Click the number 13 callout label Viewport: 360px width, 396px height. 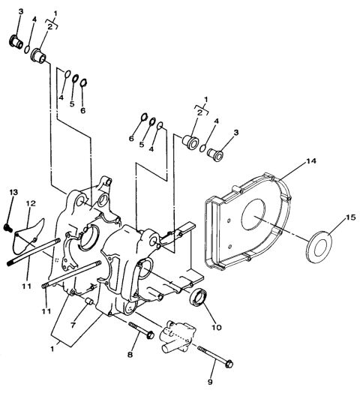pyautogui.click(x=13, y=193)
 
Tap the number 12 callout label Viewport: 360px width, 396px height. pyautogui.click(x=31, y=202)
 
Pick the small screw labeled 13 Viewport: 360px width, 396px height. pyautogui.click(x=8, y=225)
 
